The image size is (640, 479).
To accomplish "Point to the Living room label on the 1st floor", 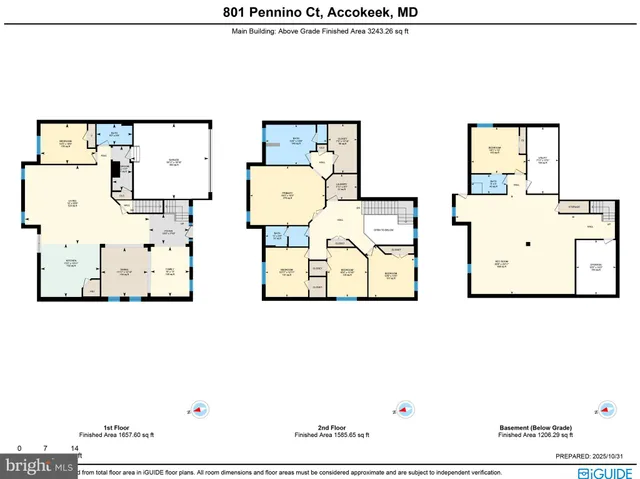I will tap(72, 205).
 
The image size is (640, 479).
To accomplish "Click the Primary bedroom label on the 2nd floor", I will tap(287, 195).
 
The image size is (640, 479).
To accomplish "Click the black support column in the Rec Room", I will tap(528, 243).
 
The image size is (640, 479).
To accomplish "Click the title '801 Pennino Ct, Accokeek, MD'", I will tap(320, 12).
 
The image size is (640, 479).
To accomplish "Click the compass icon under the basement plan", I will tap(603, 409).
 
